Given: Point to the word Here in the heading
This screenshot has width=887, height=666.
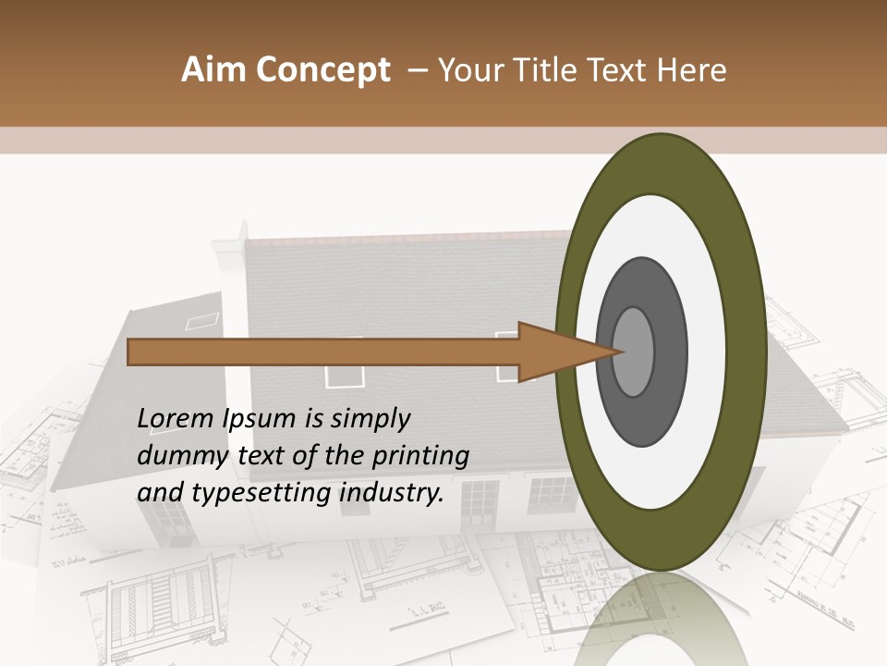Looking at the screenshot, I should [693, 70].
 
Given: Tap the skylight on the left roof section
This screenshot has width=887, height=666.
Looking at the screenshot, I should [203, 320].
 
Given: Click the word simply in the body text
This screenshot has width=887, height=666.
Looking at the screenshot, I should [364, 420].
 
